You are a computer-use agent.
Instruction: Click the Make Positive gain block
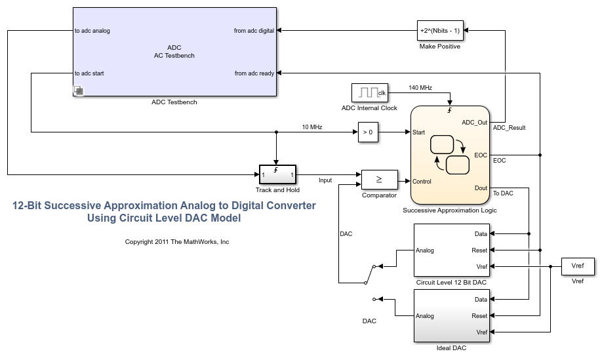click(x=439, y=30)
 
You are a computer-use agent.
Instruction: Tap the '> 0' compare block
click(x=368, y=132)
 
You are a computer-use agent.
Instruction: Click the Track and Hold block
click(x=277, y=175)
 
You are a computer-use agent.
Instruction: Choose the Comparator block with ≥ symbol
click(x=379, y=178)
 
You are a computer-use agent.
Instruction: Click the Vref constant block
click(x=577, y=266)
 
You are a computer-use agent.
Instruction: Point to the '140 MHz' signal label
click(x=420, y=87)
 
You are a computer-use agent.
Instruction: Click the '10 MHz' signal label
click(x=311, y=127)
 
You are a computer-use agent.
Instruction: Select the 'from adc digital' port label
click(x=254, y=31)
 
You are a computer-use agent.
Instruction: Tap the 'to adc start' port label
click(x=89, y=73)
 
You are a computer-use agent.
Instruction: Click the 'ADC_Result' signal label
click(x=509, y=128)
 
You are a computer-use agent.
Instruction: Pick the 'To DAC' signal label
click(x=503, y=193)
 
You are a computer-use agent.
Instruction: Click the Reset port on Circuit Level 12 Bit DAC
click(x=479, y=250)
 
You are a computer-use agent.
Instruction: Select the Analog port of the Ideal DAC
click(x=425, y=316)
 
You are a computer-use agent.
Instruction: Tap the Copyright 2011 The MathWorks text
click(x=177, y=242)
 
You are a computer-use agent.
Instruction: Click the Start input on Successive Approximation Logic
click(x=419, y=132)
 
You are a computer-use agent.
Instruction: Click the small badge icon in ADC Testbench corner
click(x=77, y=90)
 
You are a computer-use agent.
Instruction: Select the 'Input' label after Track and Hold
click(x=325, y=180)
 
